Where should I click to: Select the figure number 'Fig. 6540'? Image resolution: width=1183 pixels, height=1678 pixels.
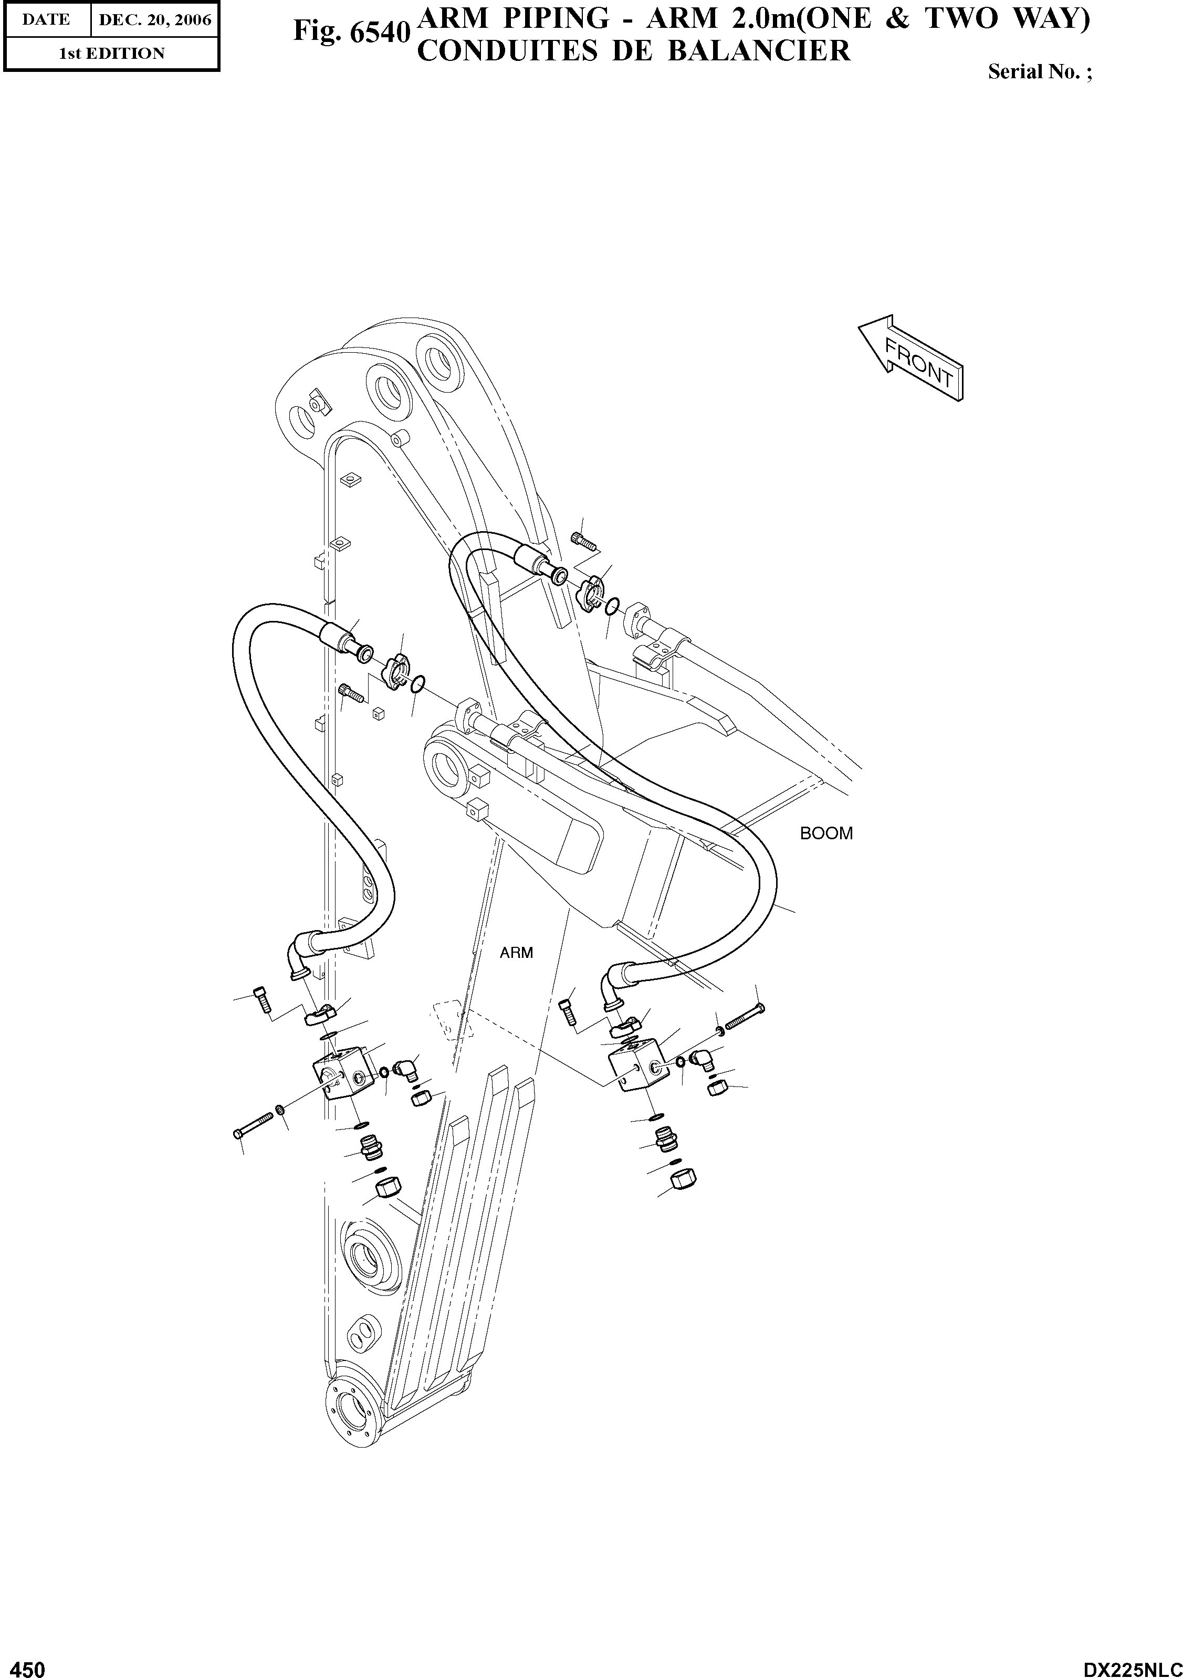(350, 32)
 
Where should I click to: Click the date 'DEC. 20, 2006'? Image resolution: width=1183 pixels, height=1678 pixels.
(155, 20)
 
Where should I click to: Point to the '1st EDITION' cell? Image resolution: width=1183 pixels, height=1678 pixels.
(111, 54)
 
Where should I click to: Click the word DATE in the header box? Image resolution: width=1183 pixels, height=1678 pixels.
(45, 20)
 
